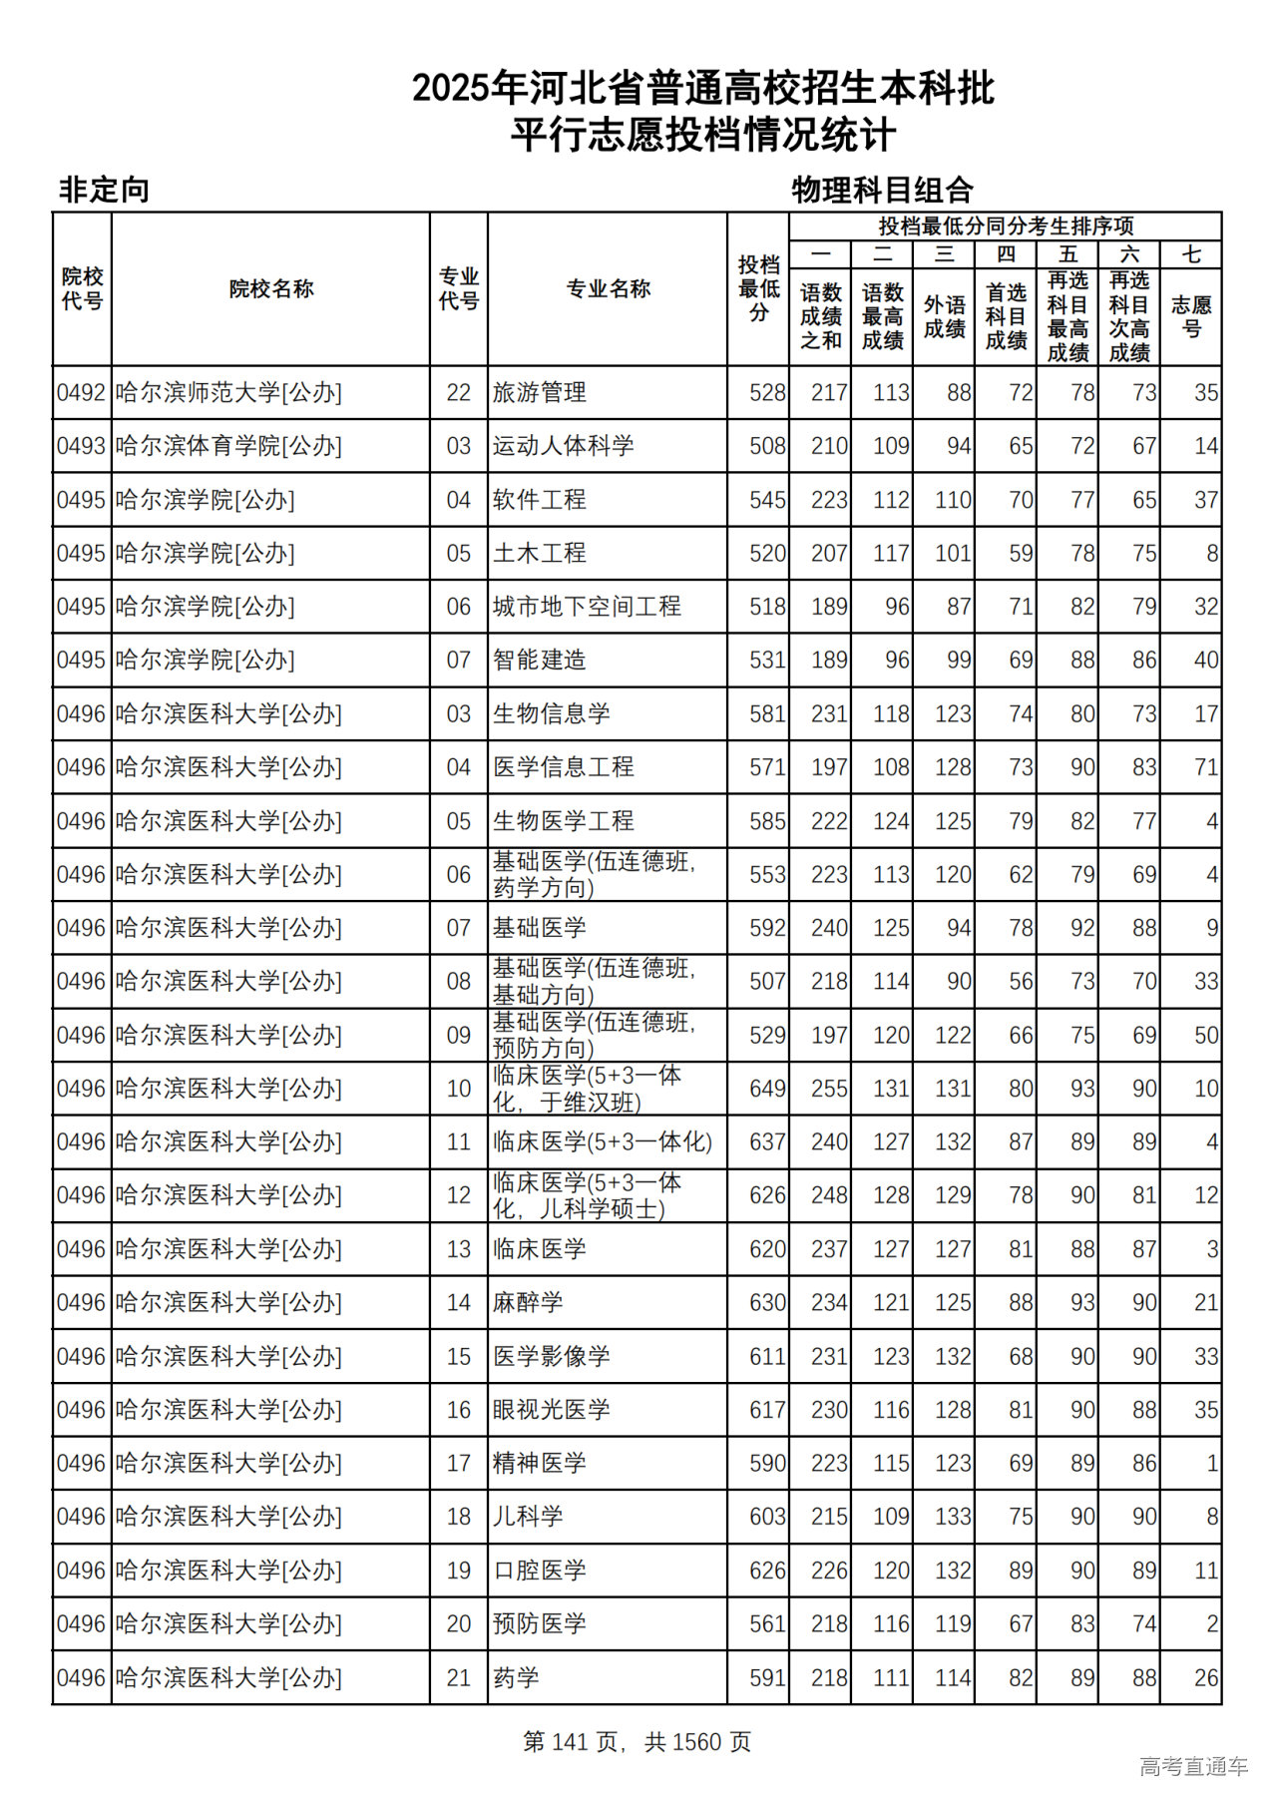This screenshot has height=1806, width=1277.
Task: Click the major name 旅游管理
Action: [x=539, y=393]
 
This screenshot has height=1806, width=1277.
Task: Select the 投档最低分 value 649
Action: [x=767, y=1089]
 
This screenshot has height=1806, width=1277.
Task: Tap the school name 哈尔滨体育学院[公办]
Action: [x=228, y=446]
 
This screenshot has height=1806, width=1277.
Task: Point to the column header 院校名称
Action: [x=270, y=289]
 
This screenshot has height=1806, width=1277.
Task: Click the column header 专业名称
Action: [x=608, y=289]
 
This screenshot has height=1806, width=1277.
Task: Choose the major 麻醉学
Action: [x=528, y=1303]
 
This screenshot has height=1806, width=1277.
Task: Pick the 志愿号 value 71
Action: [x=1205, y=767]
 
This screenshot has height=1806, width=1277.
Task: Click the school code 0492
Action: [x=81, y=393]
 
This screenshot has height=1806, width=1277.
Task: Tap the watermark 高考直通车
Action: [x=1193, y=1766]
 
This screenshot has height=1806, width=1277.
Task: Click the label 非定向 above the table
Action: [x=104, y=190]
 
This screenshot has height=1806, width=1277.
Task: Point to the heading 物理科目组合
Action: [x=882, y=190]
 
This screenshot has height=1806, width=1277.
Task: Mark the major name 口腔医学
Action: [x=539, y=1571]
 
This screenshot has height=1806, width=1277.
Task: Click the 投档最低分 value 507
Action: [x=767, y=982]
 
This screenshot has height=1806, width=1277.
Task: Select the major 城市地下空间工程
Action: [x=587, y=607]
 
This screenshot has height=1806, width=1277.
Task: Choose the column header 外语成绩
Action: [x=944, y=316]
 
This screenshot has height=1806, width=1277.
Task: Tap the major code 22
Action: [x=458, y=393]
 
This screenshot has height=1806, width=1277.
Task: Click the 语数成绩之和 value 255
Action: [x=829, y=1089]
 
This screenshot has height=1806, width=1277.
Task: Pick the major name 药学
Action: [x=516, y=1677]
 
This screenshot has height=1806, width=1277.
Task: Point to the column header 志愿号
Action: [x=1191, y=316]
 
